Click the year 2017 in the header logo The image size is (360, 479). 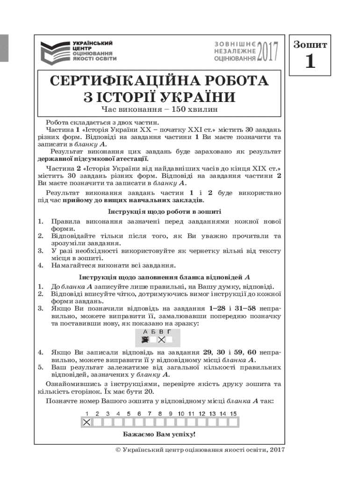click(268, 51)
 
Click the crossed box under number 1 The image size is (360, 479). click(86, 422)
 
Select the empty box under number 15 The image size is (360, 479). click(233, 422)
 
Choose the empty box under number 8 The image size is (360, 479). click(160, 422)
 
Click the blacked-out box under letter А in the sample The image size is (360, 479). click(145, 340)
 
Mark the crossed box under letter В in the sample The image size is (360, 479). click(161, 340)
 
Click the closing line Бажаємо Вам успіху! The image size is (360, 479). click(159, 435)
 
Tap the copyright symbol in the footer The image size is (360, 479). click(117, 450)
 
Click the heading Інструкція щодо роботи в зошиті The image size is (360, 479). click(158, 212)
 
